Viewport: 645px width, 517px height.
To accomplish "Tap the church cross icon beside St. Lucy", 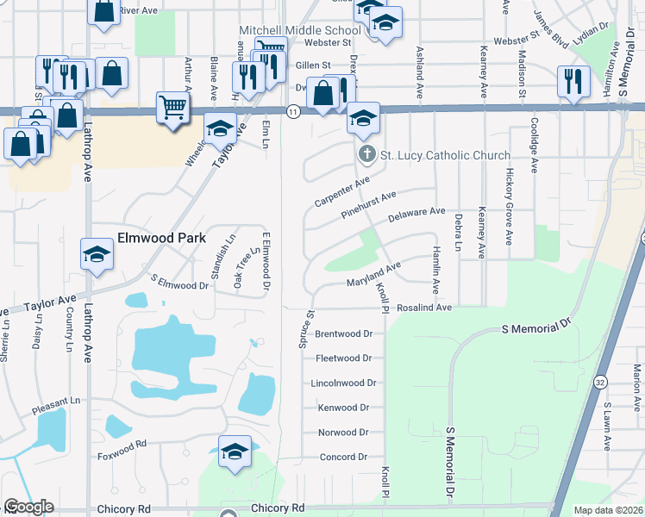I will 366,155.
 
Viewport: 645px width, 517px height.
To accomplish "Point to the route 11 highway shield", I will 293,112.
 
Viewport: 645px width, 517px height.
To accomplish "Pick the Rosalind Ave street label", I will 425,307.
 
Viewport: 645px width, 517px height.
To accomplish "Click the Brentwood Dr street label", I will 343,333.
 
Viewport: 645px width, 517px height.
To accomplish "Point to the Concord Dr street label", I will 343,457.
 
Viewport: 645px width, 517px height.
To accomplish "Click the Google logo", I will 28,507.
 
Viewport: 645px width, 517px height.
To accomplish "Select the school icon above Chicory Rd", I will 235,452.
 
